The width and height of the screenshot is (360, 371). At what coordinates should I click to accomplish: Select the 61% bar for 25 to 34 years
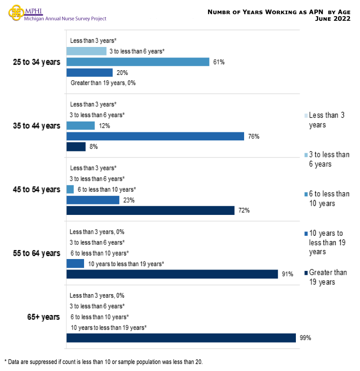(x=138, y=62)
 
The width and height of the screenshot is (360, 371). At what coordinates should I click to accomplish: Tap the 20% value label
(x=122, y=73)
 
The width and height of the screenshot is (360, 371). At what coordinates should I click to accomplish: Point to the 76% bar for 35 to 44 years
(x=155, y=136)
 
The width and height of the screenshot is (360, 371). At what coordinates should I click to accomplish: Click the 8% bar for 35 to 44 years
(x=76, y=147)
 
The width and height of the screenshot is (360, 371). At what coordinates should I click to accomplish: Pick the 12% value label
(x=104, y=126)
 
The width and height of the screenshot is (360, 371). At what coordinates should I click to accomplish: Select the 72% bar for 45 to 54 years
(x=150, y=211)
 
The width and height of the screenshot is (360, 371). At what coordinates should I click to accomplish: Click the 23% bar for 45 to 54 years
(x=93, y=200)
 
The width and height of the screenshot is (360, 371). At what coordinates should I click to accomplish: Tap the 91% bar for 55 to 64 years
(x=172, y=274)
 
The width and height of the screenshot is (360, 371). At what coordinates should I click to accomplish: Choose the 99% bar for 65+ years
(x=181, y=338)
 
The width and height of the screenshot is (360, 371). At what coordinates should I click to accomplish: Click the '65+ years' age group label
(x=43, y=317)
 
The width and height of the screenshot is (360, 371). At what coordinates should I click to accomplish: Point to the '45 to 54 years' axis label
(x=37, y=189)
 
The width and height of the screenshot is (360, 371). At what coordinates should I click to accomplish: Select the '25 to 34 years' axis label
(x=37, y=62)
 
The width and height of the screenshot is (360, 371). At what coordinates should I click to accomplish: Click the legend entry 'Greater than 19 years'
(x=328, y=277)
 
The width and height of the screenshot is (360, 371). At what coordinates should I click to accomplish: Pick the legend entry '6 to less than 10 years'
(x=329, y=198)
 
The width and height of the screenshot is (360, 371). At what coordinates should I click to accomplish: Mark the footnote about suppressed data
(x=104, y=362)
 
